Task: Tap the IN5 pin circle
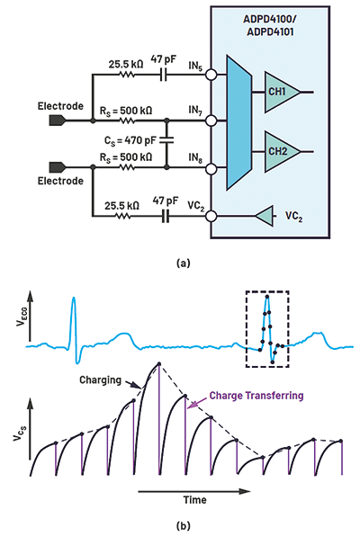[211, 75]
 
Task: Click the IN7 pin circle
[211, 121]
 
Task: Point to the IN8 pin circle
[211, 168]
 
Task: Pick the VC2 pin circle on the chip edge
[211, 216]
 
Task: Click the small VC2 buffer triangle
[265, 216]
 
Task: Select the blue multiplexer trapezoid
[238, 122]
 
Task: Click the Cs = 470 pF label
[130, 140]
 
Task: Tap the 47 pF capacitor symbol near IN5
[164, 75]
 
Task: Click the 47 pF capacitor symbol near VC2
[166, 216]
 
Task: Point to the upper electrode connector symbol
[57, 121]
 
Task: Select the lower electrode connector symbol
[57, 168]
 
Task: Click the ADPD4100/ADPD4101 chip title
[270, 26]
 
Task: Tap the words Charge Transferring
[256, 396]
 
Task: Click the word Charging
[100, 380]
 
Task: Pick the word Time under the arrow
[194, 500]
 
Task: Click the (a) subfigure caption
[183, 264]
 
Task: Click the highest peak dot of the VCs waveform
[159, 363]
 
